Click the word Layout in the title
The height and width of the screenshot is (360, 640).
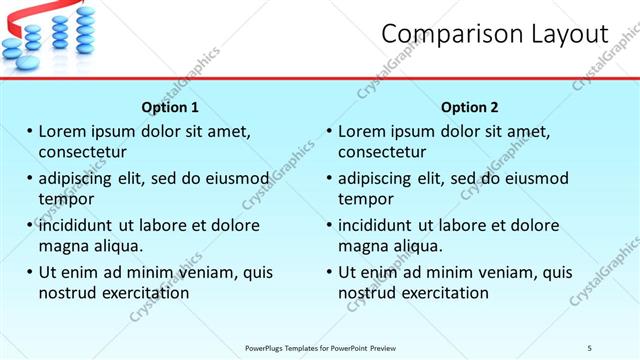[x=563, y=34]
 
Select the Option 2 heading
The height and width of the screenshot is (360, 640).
[x=469, y=107]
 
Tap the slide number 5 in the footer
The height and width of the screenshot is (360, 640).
[x=589, y=347]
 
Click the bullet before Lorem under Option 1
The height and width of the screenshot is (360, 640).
[x=29, y=132]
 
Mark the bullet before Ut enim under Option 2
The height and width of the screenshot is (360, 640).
[x=329, y=272]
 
